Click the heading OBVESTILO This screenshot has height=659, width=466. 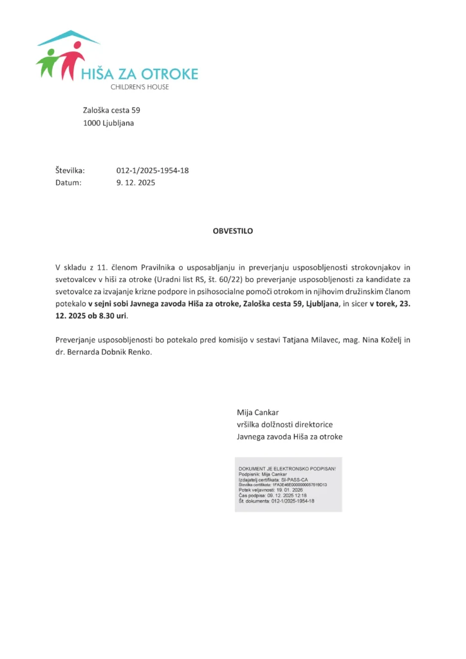coord(233,231)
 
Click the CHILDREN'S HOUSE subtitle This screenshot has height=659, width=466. coord(140,87)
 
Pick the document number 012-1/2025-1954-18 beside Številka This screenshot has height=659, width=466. coord(152,171)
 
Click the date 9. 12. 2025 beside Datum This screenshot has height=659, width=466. coord(136,183)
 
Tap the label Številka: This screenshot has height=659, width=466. coord(70,171)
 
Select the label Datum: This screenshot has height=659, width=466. coord(69,183)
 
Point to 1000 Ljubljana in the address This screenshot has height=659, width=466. coord(109,123)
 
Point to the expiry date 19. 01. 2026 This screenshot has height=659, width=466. coord(295,490)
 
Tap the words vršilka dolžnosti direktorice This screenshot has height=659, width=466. coord(284,425)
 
